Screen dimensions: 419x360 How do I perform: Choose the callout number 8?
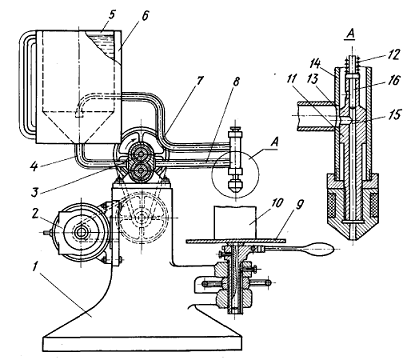point(236,82)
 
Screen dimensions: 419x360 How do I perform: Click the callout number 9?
point(299,204)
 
